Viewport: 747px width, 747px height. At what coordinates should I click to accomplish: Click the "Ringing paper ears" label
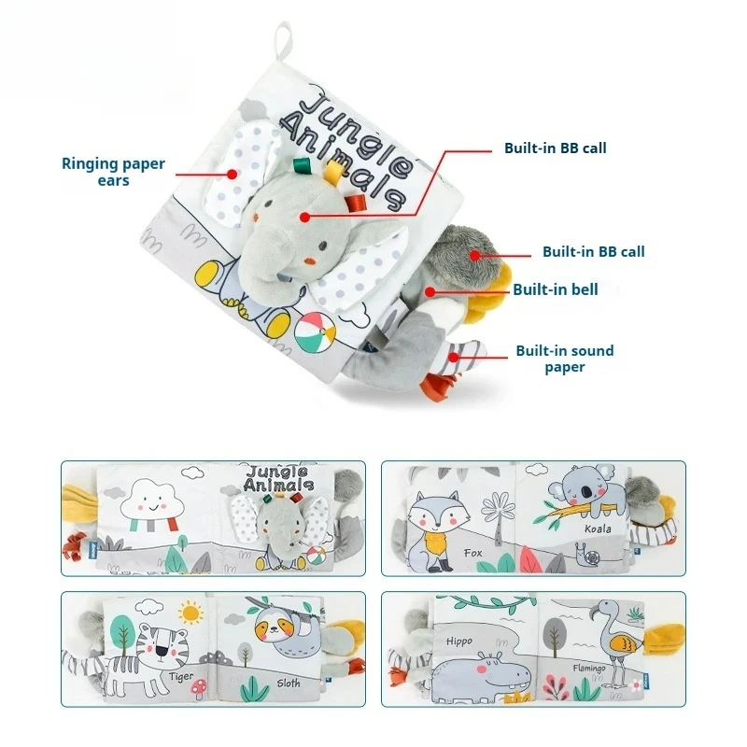click(113, 171)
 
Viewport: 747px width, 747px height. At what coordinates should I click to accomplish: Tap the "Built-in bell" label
click(555, 289)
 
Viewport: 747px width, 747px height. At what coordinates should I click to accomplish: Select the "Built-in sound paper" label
click(565, 359)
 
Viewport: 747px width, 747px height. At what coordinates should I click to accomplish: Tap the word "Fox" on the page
click(473, 553)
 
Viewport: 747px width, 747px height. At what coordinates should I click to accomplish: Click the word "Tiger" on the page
click(182, 673)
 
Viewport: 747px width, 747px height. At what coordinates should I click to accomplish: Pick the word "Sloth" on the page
click(289, 683)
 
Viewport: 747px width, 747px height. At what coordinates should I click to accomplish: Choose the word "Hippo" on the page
click(459, 641)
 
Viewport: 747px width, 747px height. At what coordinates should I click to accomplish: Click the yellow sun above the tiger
click(191, 614)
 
